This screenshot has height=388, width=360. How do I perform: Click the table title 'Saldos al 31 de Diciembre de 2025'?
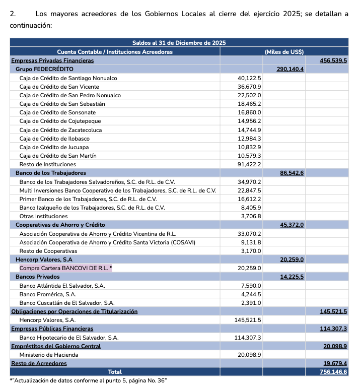coord(179,43)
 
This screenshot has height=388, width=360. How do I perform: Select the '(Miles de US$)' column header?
coord(284,51)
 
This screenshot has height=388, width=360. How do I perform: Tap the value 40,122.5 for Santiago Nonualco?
coord(249,78)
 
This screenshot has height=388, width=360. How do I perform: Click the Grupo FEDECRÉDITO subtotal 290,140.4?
coord(290,69)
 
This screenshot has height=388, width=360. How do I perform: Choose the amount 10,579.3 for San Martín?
coord(249,156)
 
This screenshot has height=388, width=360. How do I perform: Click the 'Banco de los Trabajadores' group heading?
coord(51,173)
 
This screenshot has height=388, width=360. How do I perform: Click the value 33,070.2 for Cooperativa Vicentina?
coord(249,234)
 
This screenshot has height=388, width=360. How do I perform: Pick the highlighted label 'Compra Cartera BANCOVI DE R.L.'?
coord(65,268)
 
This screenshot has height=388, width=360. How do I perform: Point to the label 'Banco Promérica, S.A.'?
coord(48,294)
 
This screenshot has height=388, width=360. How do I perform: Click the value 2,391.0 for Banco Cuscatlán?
coord(251,303)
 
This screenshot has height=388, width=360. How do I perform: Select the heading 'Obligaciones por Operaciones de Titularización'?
coord(74,311)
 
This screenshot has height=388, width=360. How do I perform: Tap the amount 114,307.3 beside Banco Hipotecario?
coord(248,338)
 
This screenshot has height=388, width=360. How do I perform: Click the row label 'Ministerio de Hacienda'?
coord(49,355)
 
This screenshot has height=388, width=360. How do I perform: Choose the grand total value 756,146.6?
coord(333,372)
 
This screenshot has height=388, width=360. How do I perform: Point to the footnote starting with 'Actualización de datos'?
coord(88,380)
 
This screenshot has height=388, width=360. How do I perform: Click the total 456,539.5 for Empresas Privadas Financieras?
coord(333,60)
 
